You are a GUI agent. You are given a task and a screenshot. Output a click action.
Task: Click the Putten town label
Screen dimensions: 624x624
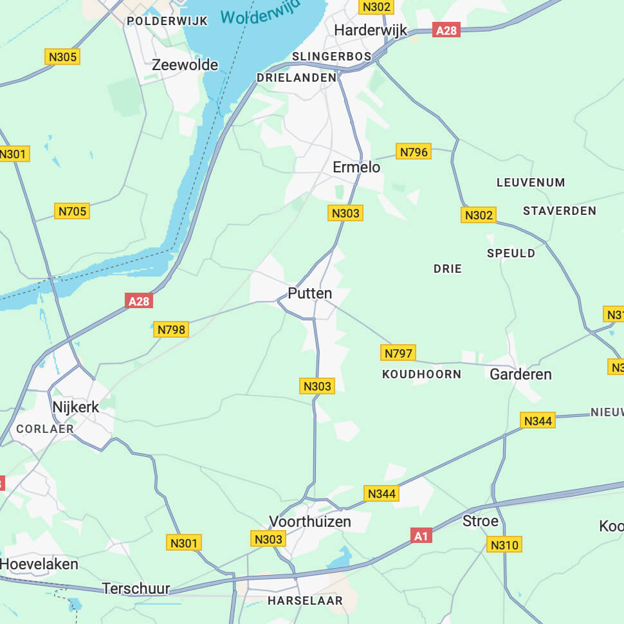310,293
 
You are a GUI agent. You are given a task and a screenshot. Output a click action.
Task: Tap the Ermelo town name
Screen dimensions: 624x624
356,167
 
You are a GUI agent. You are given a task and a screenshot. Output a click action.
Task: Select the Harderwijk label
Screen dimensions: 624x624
371,30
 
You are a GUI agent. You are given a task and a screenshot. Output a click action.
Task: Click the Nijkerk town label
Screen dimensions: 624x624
76,407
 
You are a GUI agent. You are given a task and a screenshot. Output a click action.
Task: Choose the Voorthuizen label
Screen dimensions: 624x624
310,521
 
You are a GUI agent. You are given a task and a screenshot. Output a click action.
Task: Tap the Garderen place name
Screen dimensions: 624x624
520,374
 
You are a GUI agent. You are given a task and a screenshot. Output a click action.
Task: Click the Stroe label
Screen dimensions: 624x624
481,520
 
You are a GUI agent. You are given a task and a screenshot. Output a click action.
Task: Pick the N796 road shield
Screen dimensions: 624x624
414,152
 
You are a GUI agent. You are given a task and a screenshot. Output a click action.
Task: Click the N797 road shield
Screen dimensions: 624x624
399,353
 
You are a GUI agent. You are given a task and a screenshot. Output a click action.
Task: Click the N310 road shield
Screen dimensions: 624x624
504,545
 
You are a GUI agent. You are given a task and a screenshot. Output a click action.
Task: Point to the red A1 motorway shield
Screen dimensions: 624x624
420,535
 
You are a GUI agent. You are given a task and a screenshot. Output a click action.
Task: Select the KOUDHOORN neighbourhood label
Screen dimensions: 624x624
421,374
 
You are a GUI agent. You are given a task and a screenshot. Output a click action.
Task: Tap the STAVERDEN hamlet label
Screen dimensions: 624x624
559,210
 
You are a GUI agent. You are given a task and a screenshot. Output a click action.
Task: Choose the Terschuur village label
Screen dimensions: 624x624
136,588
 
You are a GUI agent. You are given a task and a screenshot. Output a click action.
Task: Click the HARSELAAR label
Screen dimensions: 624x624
305,600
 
